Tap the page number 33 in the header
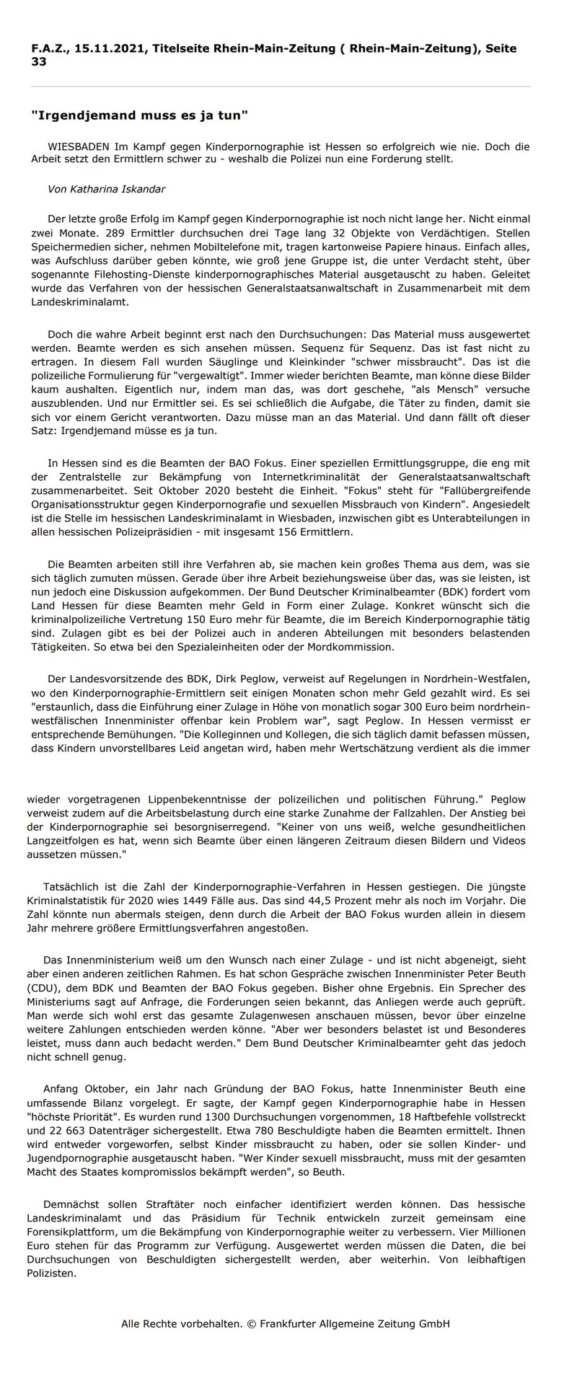point(39,62)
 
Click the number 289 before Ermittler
point(116,233)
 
